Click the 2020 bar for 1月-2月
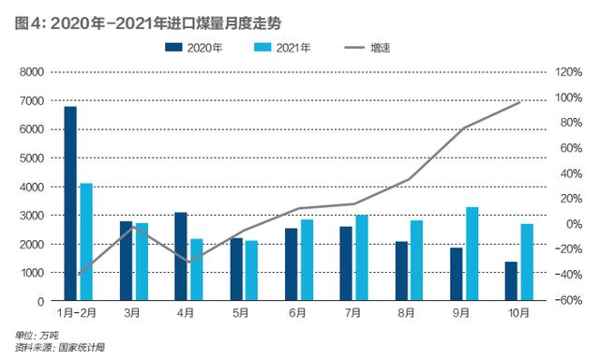(x=70, y=203)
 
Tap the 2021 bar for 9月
(x=472, y=254)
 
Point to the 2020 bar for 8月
(x=401, y=271)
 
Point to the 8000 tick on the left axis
(x=32, y=71)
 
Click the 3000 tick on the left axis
(x=32, y=216)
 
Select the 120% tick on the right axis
(x=569, y=71)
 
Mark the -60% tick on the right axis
(x=569, y=302)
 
